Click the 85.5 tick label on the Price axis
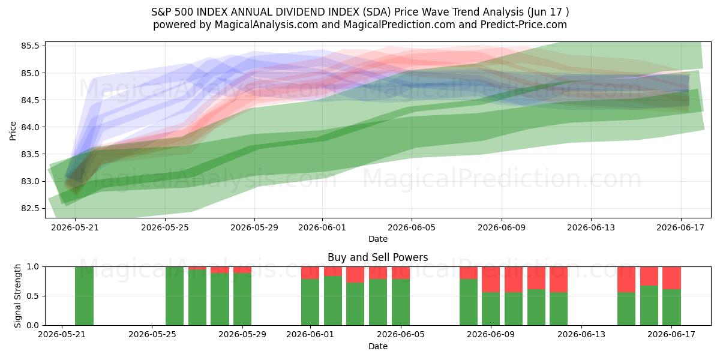click(x=30, y=46)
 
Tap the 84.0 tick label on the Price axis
click(x=30, y=127)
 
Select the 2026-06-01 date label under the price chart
click(x=322, y=227)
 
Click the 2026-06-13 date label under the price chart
click(x=591, y=227)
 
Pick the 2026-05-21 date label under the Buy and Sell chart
click(x=62, y=335)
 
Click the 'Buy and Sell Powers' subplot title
click(x=377, y=257)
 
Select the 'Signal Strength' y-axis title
click(x=17, y=296)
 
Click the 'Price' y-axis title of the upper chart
click(x=13, y=131)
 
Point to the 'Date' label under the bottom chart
click(x=378, y=347)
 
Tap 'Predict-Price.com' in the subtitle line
click(x=524, y=25)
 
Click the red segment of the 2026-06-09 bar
click(x=491, y=280)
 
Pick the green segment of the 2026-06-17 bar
click(x=671, y=307)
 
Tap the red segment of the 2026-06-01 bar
click(x=310, y=273)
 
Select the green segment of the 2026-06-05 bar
click(x=401, y=302)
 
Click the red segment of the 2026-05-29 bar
click(x=242, y=270)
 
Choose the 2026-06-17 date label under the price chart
click(x=680, y=227)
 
